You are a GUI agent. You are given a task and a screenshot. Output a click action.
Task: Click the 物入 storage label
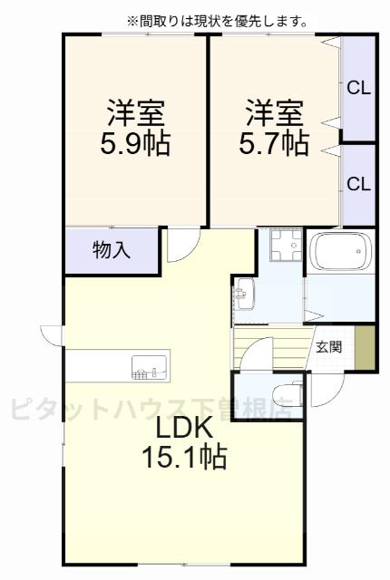112,251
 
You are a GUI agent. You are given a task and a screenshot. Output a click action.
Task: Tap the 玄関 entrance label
328,346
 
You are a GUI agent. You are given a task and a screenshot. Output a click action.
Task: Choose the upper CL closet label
358,88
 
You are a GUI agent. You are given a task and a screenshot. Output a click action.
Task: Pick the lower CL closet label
358,183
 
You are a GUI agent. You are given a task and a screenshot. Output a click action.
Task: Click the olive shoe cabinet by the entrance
364,346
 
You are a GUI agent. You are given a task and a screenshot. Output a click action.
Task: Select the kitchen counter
113,366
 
